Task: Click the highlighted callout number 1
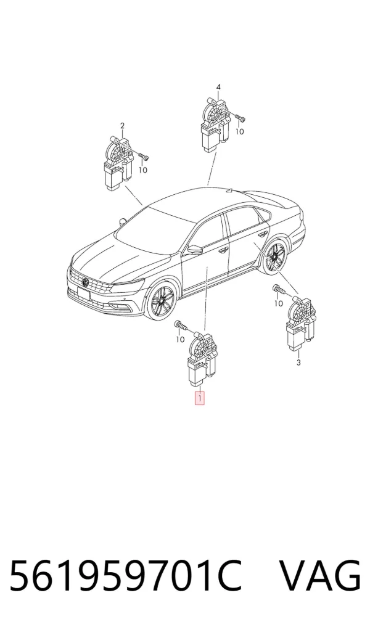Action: point(199,398)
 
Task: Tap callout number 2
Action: point(122,126)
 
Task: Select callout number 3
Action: point(298,363)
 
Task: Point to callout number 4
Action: point(218,87)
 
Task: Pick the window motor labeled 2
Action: point(119,162)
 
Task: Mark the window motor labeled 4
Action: point(216,125)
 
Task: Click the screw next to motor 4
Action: point(240,118)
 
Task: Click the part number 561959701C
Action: point(126,576)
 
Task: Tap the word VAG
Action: point(319,576)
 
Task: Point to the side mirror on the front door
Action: point(195,250)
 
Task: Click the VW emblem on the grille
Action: point(85,282)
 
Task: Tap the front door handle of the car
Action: point(223,250)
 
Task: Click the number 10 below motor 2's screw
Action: point(143,170)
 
